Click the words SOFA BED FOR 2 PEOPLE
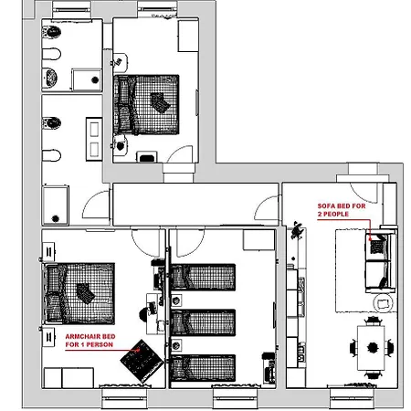tap(342, 210)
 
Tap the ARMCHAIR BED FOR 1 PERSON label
tap(90, 341)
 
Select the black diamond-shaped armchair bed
tap(142, 361)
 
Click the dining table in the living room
tap(371, 348)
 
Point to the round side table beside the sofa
tap(384, 303)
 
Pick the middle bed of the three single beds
tap(203, 322)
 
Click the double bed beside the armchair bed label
tap(79, 294)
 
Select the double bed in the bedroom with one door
tap(146, 104)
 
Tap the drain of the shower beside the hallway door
tap(56, 218)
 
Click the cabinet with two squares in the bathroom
tap(94, 139)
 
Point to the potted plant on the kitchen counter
tap(297, 230)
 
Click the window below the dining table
tap(352, 396)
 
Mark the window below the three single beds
tap(235, 396)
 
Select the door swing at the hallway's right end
tap(267, 208)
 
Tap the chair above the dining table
tap(373, 321)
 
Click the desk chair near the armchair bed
tap(143, 314)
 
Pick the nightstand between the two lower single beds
tap(176, 345)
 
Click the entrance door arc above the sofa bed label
tap(364, 193)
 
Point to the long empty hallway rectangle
tap(195, 205)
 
